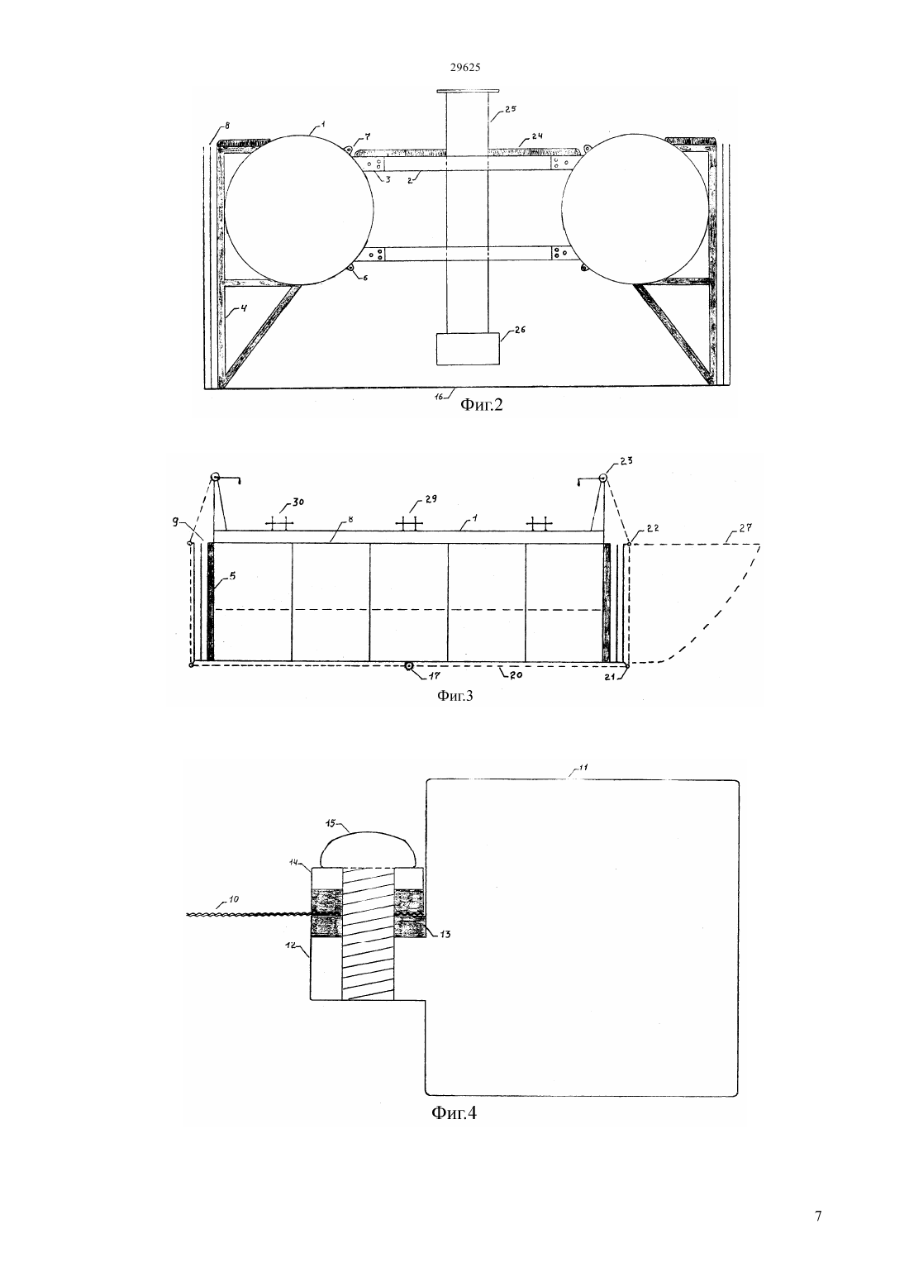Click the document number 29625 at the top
click(x=466, y=67)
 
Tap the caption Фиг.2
click(x=482, y=405)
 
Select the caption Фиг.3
click(x=455, y=696)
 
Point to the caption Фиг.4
click(x=454, y=1113)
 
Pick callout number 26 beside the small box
click(x=519, y=330)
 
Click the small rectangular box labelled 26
click(x=468, y=349)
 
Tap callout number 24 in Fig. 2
click(x=536, y=136)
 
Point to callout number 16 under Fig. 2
click(x=439, y=396)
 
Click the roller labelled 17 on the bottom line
click(x=408, y=665)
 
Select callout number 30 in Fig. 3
click(x=297, y=502)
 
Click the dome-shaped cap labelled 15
click(x=367, y=849)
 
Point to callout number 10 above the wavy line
click(x=234, y=899)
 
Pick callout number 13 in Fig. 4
click(x=445, y=934)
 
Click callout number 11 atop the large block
click(x=583, y=768)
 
